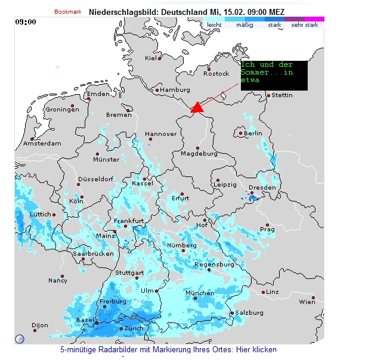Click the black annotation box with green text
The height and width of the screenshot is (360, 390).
274,75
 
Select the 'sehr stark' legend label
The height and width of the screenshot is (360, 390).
304,25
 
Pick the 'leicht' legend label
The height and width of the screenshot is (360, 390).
214,25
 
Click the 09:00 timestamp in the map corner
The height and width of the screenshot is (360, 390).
26,22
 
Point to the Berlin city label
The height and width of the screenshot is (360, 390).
253,133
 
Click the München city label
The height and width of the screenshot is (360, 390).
200,293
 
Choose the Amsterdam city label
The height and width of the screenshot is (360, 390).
42,143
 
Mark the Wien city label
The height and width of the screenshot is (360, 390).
307,302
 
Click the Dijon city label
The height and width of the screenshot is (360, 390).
40,325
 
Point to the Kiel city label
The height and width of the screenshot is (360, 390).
151,58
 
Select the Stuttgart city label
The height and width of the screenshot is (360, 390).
129,272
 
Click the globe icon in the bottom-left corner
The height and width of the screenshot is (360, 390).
20,339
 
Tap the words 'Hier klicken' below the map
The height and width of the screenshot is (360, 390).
257,349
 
